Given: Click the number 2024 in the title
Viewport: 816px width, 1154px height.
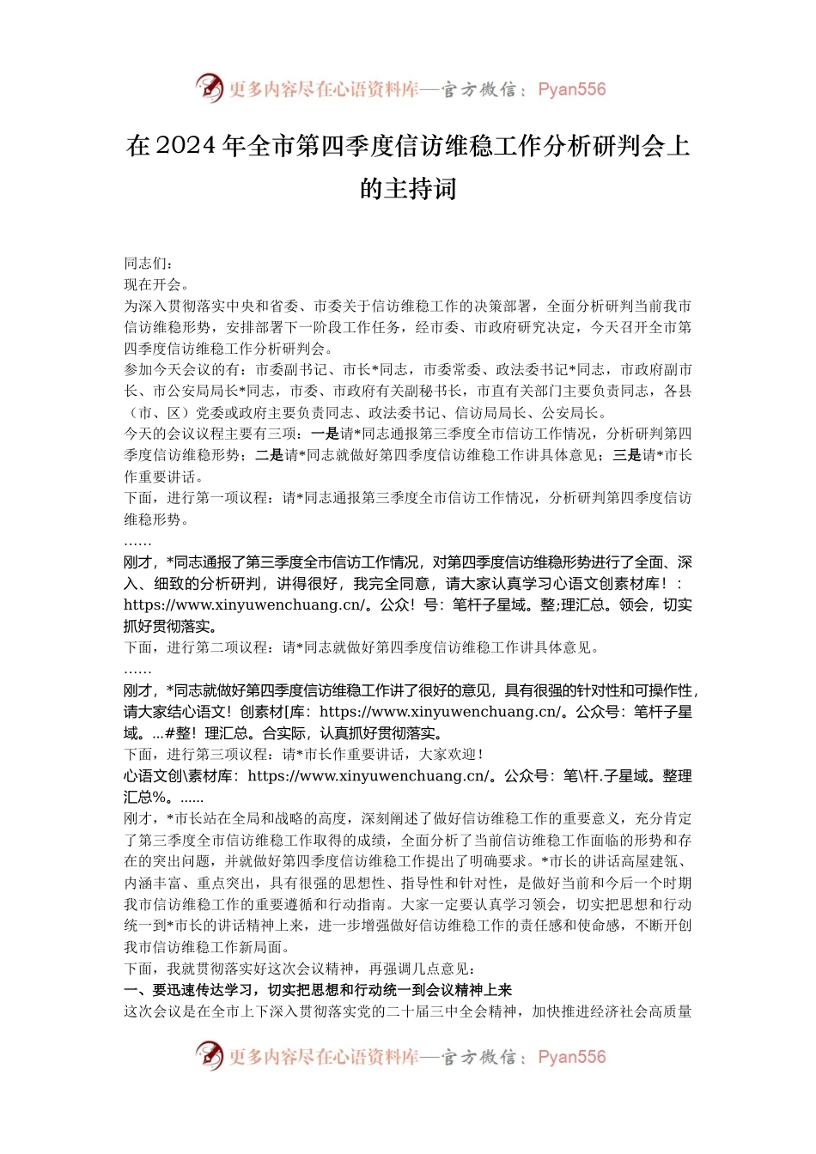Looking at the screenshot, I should [186, 146].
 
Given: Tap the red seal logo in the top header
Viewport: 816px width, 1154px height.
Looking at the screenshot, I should [209, 88].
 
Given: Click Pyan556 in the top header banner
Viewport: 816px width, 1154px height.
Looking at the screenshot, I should [571, 89].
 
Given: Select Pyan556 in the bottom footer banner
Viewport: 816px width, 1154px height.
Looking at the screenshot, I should [571, 1057].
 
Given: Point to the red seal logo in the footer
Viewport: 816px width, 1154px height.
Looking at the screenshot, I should [209, 1055].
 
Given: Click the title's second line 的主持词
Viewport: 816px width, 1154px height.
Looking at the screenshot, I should [408, 188].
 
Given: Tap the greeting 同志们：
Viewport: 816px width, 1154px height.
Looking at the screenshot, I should [149, 264].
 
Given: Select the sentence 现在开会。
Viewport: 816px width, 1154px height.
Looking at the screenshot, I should [156, 285].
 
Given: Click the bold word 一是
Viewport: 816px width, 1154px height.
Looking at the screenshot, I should [325, 434].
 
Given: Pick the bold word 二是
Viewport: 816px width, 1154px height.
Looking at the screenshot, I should [270, 456].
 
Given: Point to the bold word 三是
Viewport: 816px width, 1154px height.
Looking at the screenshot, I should [627, 456].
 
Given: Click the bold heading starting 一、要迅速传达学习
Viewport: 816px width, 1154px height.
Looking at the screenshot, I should [318, 990].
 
